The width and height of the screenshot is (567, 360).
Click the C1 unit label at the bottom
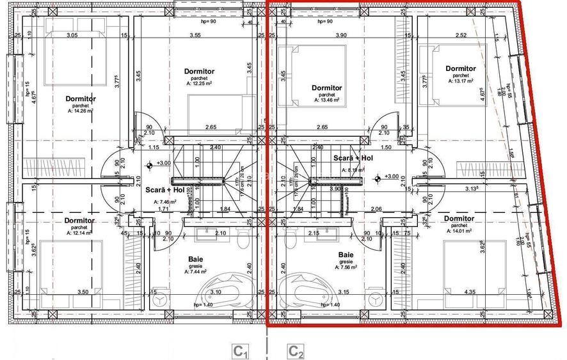tap(240, 351)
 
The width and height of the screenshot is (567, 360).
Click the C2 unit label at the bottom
tap(296, 351)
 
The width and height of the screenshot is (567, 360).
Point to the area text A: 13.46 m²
tap(326, 100)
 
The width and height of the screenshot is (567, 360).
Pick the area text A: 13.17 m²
tap(460, 81)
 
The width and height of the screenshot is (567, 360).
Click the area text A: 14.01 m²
tap(459, 231)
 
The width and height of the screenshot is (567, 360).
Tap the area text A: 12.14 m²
tap(79, 233)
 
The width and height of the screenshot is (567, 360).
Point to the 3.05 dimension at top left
tap(72, 35)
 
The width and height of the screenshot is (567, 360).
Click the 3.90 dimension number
tap(342, 35)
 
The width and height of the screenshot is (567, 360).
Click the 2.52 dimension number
tap(460, 35)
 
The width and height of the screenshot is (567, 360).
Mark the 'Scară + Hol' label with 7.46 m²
tap(165, 190)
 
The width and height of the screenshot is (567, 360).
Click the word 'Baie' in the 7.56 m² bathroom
tap(346, 254)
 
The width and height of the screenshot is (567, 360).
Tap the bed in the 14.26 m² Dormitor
tap(72, 64)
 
